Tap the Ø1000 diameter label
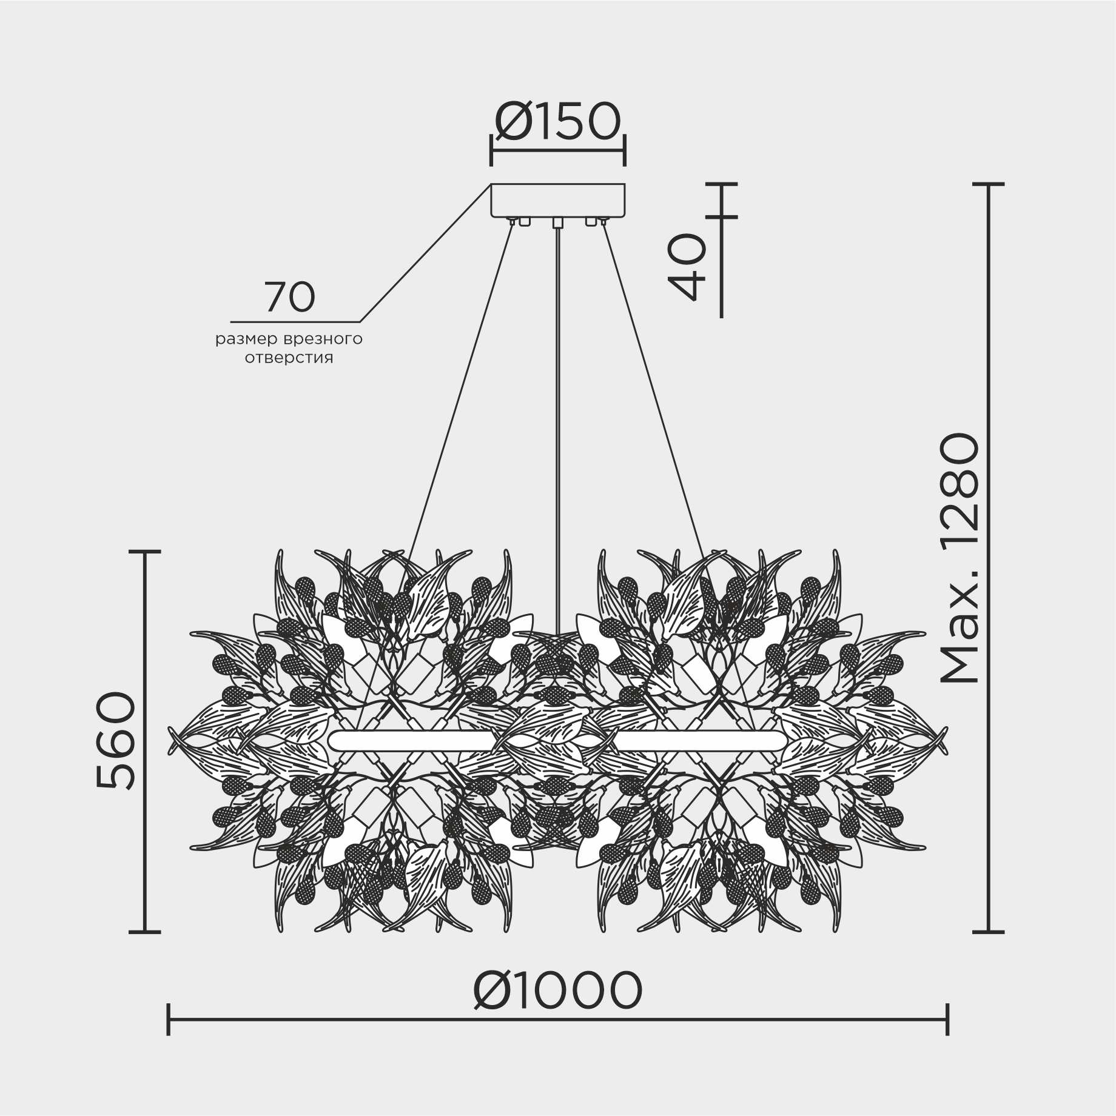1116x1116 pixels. (557, 990)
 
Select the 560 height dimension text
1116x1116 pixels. (116, 741)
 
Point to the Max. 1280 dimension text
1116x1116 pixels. (960, 558)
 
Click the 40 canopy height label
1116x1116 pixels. (687, 267)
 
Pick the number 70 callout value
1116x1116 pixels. (290, 297)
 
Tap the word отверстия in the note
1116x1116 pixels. (289, 358)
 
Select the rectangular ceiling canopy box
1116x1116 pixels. (558, 200)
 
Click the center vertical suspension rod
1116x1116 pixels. (557, 424)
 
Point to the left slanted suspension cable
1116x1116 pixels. (461, 388)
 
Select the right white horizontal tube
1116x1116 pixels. (701, 741)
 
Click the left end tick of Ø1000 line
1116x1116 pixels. (168, 1020)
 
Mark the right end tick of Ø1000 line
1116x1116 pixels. (947, 1020)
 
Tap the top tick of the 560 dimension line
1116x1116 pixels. (145, 552)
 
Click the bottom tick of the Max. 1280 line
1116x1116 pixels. (989, 932)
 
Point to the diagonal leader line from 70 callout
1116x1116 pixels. (425, 253)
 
